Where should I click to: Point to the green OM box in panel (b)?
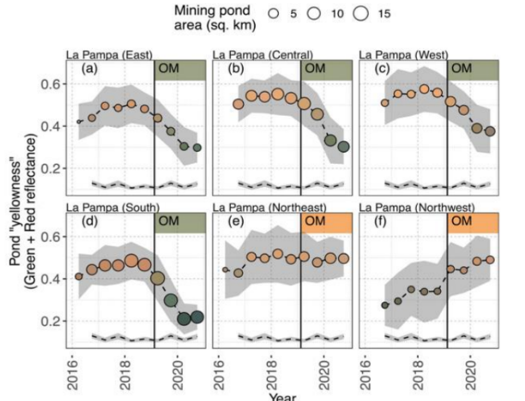pos(326,69)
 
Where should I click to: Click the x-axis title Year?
pos(283,396)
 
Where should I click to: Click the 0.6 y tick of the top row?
pos(55,84)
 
